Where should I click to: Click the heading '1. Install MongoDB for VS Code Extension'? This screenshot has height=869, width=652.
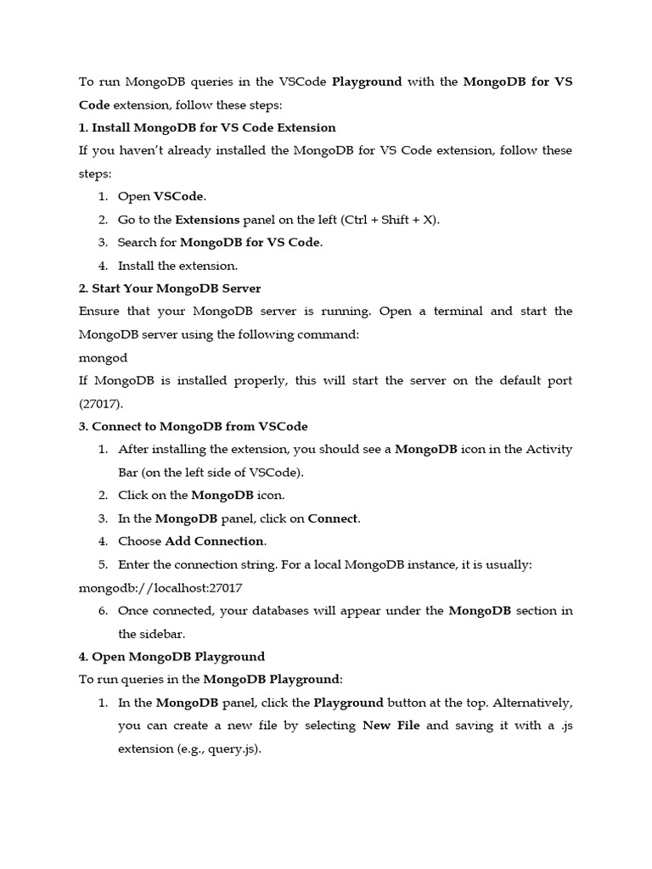coord(207,127)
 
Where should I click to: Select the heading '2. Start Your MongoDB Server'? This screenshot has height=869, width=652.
coord(170,289)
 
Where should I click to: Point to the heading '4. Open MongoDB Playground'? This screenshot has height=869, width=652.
coord(171,656)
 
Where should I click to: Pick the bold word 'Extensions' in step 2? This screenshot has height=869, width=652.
coord(207,220)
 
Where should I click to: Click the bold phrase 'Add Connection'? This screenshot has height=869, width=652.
coord(215,541)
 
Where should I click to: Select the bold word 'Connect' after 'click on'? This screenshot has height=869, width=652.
coord(333,518)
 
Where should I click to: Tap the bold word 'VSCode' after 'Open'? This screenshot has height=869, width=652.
coord(178,196)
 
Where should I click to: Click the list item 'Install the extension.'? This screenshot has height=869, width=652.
coord(177,266)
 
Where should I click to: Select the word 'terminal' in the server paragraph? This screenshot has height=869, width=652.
coord(458,311)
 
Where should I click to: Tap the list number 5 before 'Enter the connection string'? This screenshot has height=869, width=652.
coord(103,564)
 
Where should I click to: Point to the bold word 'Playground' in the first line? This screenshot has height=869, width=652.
coord(367,82)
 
